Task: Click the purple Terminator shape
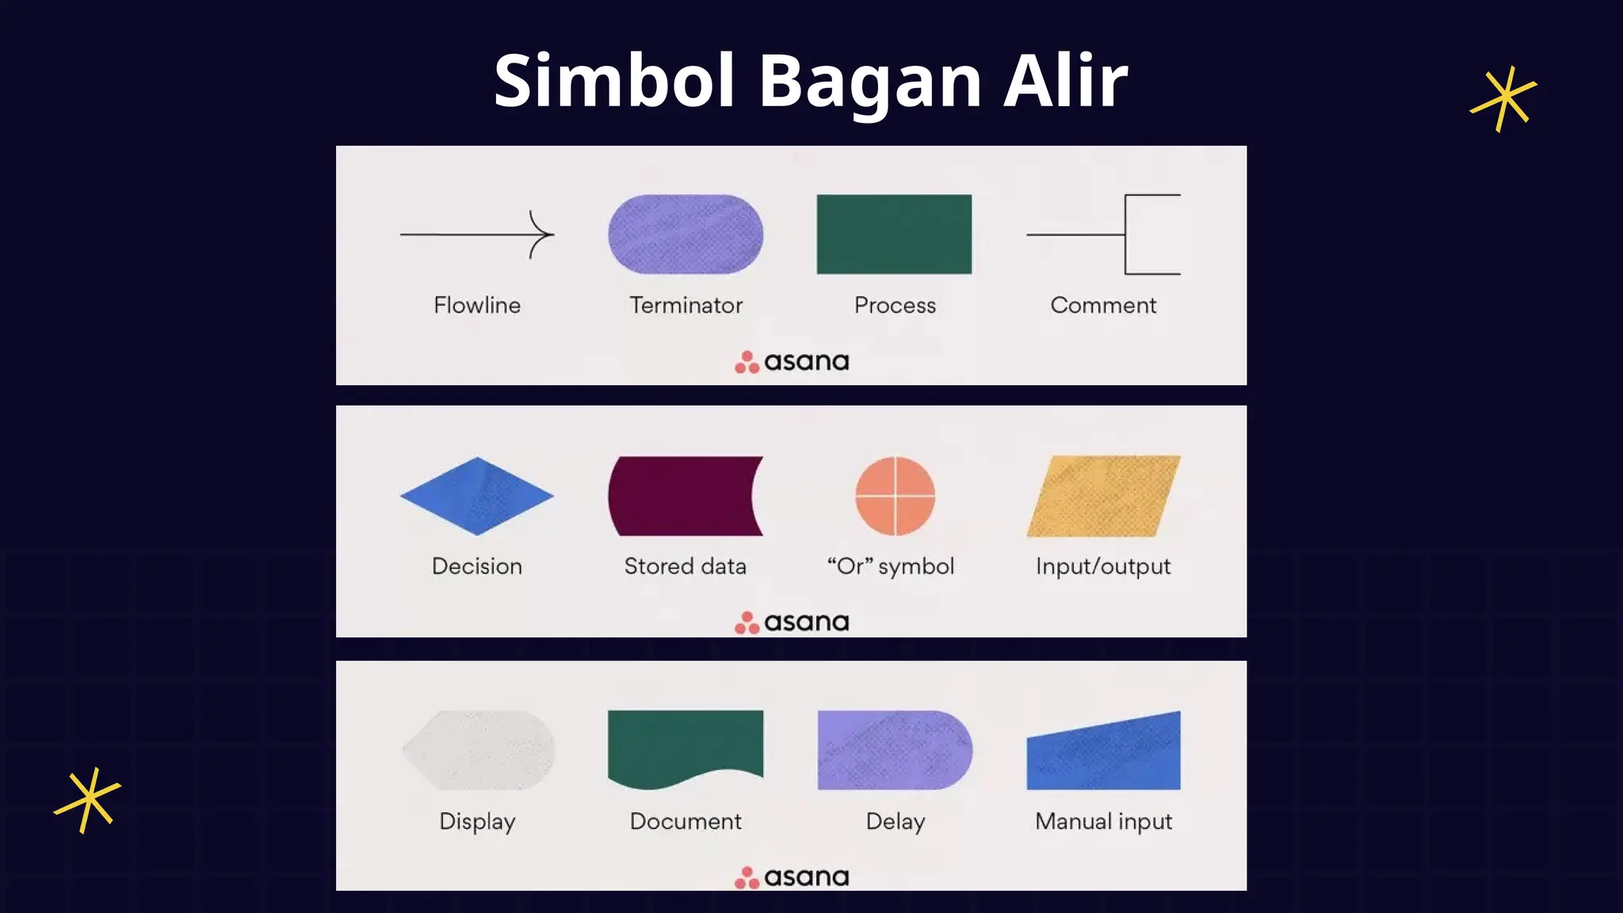click(685, 235)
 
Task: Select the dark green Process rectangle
click(894, 235)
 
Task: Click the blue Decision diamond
click(477, 496)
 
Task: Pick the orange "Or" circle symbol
click(896, 496)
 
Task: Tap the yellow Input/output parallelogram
click(1103, 496)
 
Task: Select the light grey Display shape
click(479, 750)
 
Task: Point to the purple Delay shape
click(894, 750)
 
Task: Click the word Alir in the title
click(1064, 81)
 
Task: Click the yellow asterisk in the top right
click(1503, 99)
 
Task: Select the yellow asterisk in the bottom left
click(88, 800)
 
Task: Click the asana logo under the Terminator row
click(792, 362)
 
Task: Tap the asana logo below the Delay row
click(792, 877)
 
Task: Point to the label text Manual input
click(1103, 822)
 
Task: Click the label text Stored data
click(685, 567)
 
